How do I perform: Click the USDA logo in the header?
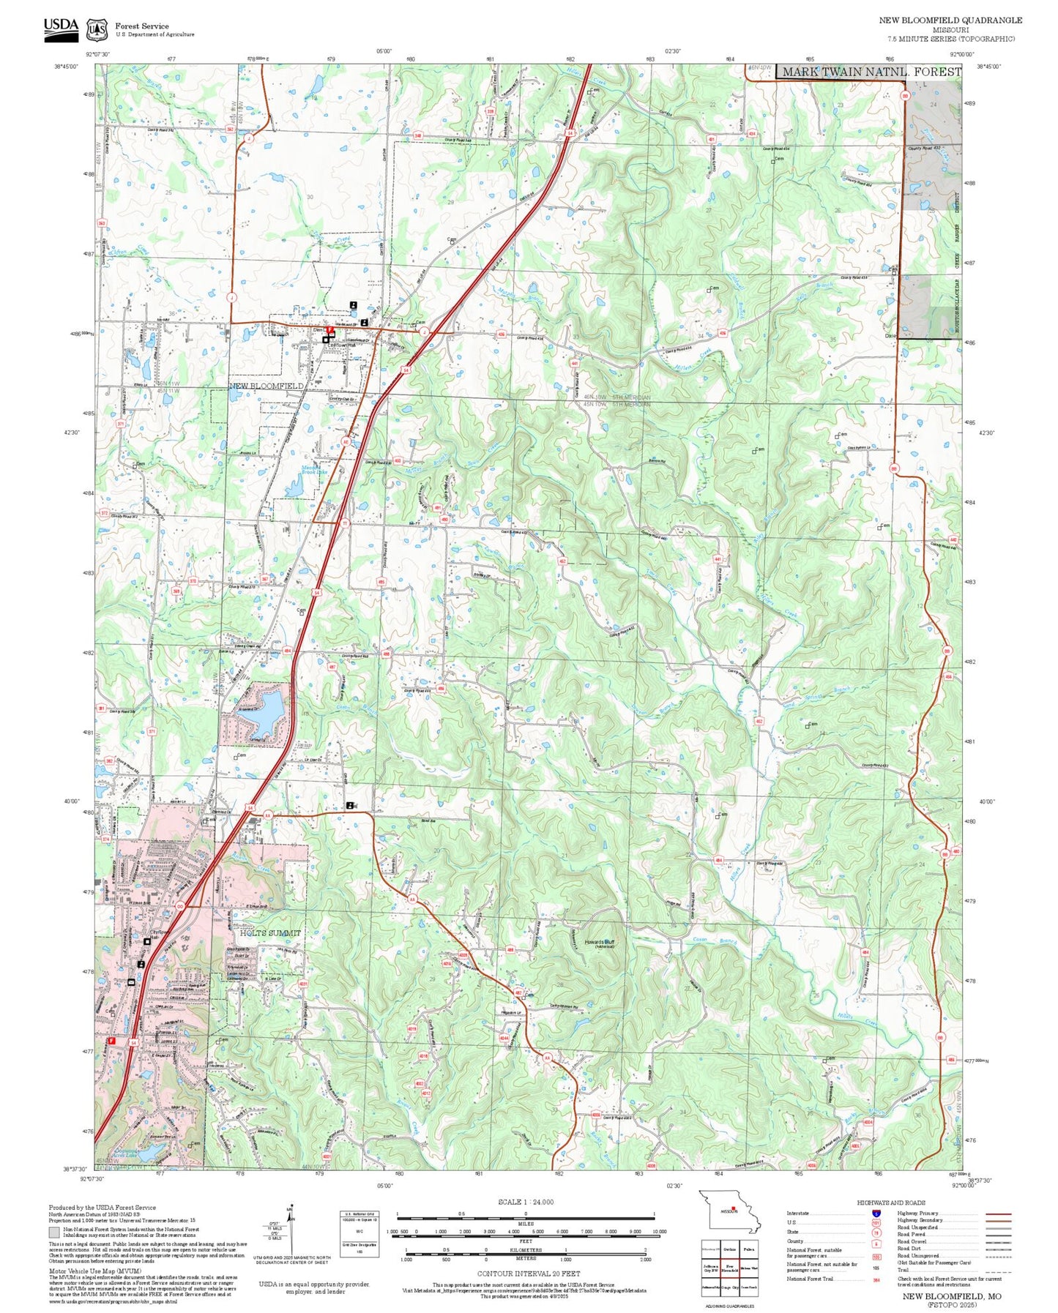pyautogui.click(x=61, y=27)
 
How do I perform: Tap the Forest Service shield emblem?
pyautogui.click(x=97, y=29)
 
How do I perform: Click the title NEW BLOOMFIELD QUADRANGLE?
pyautogui.click(x=950, y=20)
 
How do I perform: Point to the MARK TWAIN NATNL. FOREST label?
pyautogui.click(x=871, y=72)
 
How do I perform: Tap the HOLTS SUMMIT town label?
pyautogui.click(x=270, y=932)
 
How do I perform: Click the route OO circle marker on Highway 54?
pyautogui.click(x=179, y=905)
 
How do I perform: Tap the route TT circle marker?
pyautogui.click(x=343, y=523)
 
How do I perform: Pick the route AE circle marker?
pyautogui.click(x=346, y=441)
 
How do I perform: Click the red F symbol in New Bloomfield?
pyautogui.click(x=331, y=331)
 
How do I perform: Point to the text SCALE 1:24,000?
pyautogui.click(x=525, y=1202)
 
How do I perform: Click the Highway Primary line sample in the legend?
pyautogui.click(x=998, y=1213)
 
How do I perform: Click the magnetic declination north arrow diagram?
pyautogui.click(x=291, y=1230)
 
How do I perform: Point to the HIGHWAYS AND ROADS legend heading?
pyautogui.click(x=891, y=1202)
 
